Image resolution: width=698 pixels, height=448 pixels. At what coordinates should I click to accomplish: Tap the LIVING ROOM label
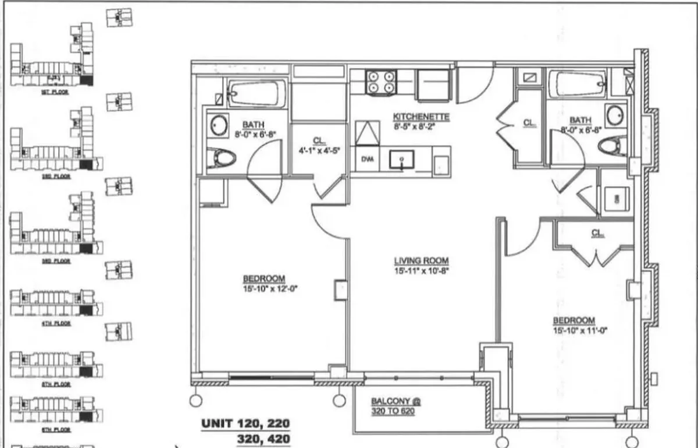421,261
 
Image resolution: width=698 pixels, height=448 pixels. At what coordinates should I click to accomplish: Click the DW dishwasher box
367,158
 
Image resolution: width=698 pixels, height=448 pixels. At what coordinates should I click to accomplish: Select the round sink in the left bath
219,125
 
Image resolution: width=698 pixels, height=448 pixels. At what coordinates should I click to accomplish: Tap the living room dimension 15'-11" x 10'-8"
421,270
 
